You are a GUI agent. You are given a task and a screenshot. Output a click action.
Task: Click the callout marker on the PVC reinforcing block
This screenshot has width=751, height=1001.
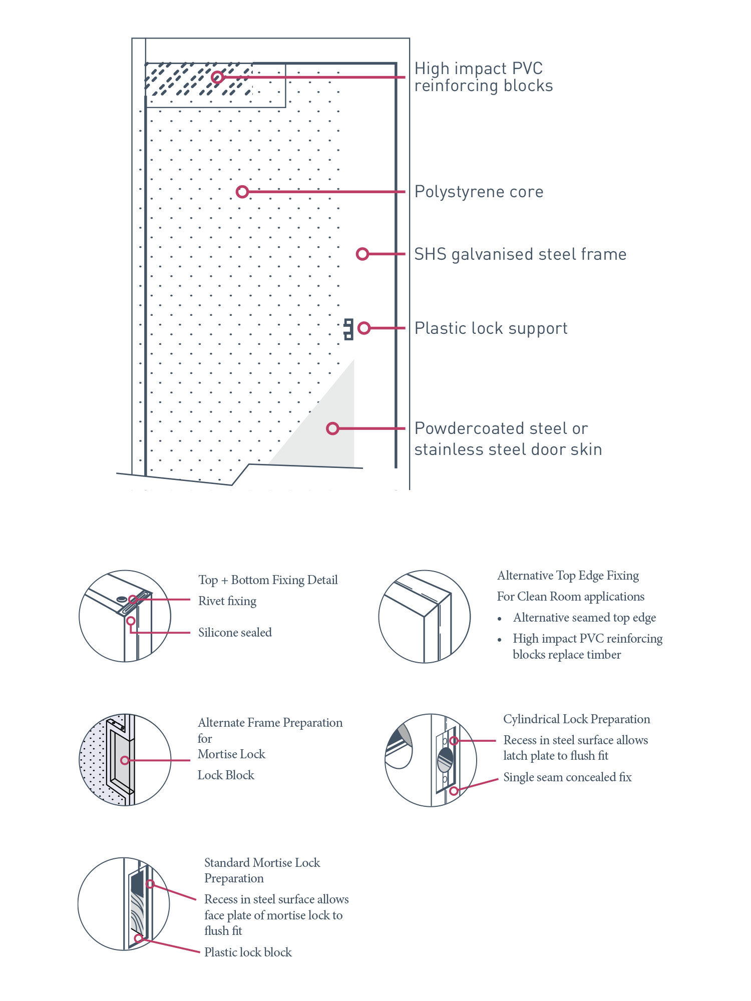point(217,77)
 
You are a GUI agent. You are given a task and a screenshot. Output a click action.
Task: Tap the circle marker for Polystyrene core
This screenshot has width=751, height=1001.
point(242,192)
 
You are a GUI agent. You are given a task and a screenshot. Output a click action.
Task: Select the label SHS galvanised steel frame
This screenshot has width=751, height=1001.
point(520,254)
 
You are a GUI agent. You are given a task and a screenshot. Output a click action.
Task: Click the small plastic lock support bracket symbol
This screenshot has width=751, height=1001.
point(348,329)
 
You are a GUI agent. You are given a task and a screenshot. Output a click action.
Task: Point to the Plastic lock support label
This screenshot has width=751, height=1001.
point(491,328)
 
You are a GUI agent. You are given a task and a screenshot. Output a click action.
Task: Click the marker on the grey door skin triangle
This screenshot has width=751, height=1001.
point(332,428)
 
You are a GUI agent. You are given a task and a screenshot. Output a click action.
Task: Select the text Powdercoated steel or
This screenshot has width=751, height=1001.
point(501,428)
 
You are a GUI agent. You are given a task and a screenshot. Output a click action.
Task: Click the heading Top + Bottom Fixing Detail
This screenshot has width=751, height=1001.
point(268,580)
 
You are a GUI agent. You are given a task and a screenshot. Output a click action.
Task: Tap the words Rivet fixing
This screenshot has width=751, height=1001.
point(227,601)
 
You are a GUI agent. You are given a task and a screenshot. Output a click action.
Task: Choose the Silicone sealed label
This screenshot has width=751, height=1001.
point(235,633)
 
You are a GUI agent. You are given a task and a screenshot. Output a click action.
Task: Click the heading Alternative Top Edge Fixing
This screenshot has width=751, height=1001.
point(568,576)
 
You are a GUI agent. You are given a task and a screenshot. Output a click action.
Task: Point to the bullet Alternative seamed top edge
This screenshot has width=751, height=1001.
point(584,618)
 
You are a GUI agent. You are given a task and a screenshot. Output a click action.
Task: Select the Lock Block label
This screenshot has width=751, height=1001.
point(226,775)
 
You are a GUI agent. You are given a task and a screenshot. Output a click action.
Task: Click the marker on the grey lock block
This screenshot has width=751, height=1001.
point(125,760)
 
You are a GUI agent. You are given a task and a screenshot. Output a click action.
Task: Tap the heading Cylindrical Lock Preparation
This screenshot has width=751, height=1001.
point(576,719)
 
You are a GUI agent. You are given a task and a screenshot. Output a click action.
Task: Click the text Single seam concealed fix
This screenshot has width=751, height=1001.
point(567,777)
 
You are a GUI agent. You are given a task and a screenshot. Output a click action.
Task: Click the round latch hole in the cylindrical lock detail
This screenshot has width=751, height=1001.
point(445,760)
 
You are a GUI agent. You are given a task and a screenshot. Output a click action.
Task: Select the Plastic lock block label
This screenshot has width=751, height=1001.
point(248,952)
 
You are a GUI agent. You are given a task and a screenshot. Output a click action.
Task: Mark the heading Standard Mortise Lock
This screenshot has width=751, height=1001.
point(262,863)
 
